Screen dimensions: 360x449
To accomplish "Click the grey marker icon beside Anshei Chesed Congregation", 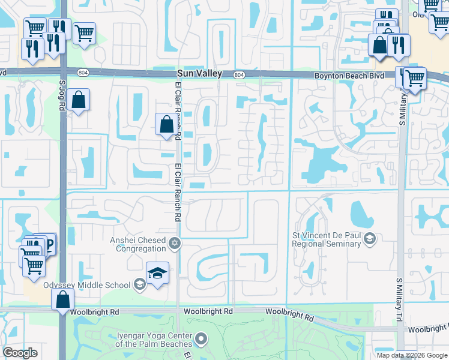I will click(x=175, y=243).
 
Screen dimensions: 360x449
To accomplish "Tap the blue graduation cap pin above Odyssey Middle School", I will click(x=157, y=272).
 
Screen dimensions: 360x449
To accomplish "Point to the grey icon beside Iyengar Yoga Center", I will click(x=201, y=340).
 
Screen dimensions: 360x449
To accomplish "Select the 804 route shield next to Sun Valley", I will click(x=239, y=74).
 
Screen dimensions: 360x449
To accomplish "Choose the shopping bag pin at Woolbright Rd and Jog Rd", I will click(x=62, y=299).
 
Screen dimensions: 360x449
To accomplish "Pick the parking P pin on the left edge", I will click(x=46, y=244).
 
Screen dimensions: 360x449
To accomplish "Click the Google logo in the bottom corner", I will click(x=20, y=353).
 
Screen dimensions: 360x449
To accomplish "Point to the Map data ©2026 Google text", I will click(x=412, y=355).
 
